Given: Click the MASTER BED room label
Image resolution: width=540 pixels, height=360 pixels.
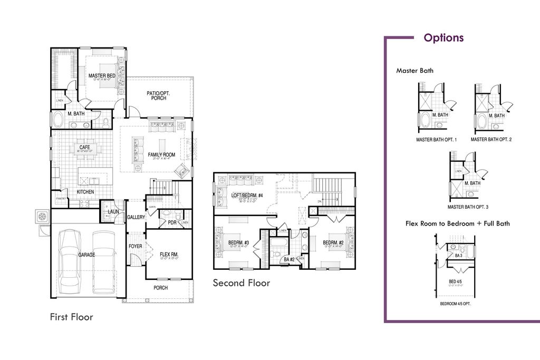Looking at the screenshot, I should (x=102, y=76).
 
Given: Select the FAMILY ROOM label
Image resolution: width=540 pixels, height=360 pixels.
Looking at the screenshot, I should (x=161, y=155).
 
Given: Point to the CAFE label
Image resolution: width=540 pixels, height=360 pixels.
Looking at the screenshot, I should (x=84, y=148).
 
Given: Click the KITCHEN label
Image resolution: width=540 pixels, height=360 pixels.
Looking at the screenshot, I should (x=85, y=192).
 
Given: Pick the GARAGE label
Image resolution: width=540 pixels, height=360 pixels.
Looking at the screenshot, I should (x=87, y=254).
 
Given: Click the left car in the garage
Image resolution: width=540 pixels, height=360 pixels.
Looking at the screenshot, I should (x=70, y=262).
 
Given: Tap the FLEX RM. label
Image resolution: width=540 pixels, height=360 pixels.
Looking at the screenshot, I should (x=169, y=255).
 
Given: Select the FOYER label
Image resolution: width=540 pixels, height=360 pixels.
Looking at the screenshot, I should (x=135, y=246).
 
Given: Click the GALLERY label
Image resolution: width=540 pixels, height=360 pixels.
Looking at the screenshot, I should (x=136, y=217).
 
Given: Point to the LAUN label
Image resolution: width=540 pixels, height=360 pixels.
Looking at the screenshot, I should (x=113, y=212).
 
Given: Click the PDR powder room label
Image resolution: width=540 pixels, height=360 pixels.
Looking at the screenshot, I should (x=171, y=222).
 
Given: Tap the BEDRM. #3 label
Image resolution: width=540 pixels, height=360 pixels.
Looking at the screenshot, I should (x=238, y=243).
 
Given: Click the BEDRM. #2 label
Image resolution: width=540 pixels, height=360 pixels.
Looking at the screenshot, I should (x=333, y=243).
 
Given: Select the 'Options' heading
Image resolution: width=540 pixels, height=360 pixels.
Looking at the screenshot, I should (x=443, y=38).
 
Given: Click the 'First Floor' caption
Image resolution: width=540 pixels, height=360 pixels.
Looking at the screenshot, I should (x=71, y=317).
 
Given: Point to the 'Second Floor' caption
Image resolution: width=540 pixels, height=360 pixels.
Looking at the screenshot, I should (x=241, y=283).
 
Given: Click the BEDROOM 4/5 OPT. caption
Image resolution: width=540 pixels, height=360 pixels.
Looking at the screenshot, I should (x=455, y=304).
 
